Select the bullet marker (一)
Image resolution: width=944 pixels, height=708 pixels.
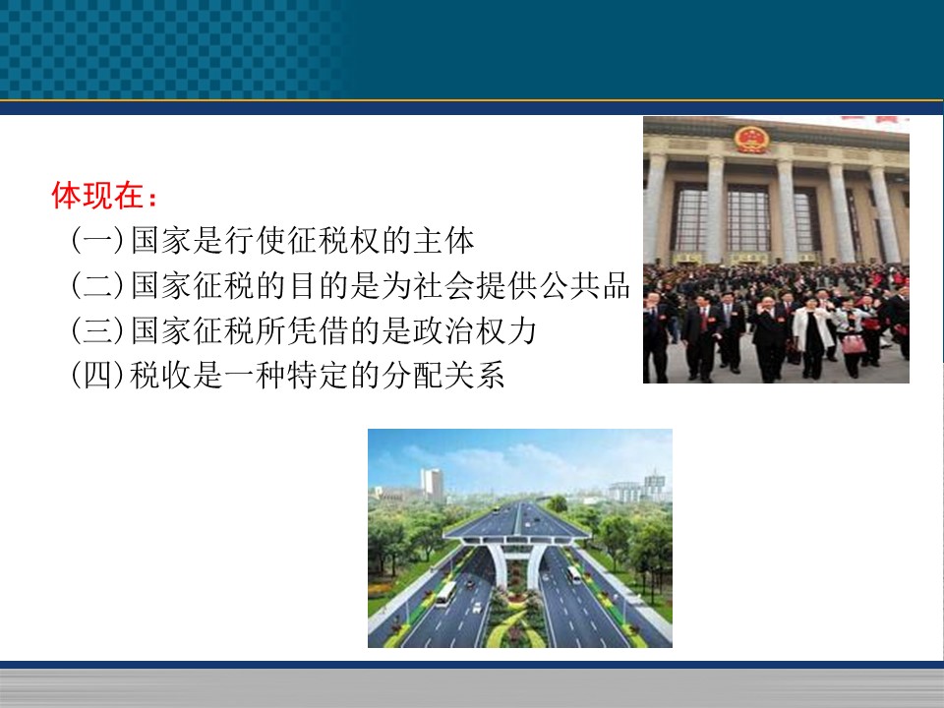[97, 240]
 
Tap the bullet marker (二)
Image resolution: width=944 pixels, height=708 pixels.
[97, 285]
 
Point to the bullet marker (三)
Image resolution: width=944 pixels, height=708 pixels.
[97, 330]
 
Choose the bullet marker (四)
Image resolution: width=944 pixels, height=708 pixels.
[97, 375]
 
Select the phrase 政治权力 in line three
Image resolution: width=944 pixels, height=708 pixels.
[474, 330]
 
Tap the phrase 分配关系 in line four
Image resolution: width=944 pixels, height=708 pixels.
[443, 375]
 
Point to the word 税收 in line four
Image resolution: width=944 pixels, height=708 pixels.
[160, 375]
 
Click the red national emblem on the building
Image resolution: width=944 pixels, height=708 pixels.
[751, 139]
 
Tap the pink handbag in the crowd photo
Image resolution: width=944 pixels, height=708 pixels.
[854, 344]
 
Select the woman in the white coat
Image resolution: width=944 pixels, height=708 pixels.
[812, 336]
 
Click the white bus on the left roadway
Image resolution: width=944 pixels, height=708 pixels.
[445, 593]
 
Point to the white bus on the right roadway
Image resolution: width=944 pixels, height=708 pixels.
[573, 574]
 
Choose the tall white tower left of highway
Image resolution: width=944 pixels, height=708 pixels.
[433, 485]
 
